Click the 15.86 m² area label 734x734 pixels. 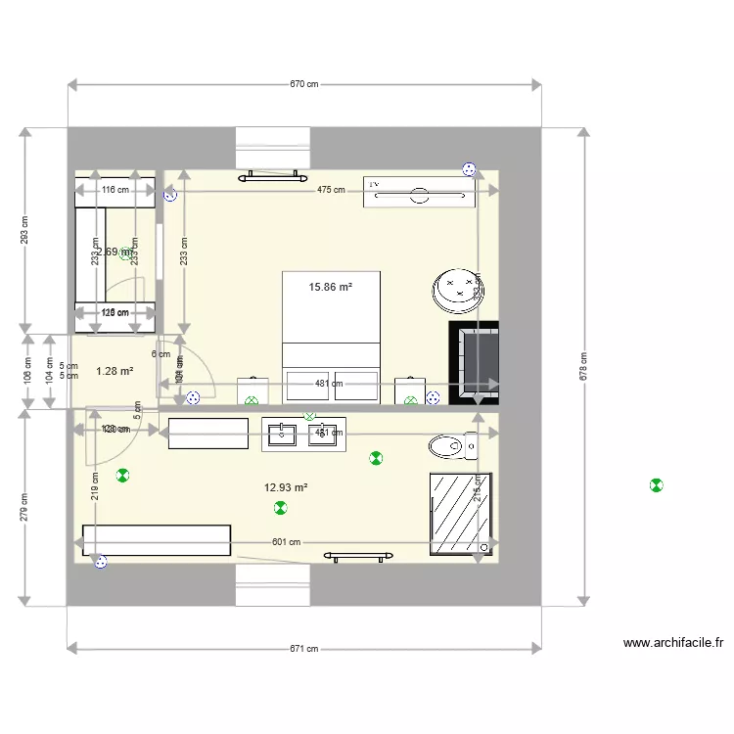pos(330,288)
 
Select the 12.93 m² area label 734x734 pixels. pos(286,487)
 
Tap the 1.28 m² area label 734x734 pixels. pos(115,371)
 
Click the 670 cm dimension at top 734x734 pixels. pos(304,84)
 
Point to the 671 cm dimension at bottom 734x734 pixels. pos(304,649)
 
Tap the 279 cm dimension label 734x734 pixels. pos(24,507)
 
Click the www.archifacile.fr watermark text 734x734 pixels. pos(672,643)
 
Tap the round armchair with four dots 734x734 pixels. pos(457,289)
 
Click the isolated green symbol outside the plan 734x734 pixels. pos(656,484)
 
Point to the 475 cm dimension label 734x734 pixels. pos(330,190)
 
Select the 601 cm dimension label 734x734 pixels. pos(287,542)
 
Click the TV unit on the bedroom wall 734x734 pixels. pos(419,193)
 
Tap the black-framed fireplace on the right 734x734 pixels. pos(473,362)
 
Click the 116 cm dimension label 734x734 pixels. pos(115,190)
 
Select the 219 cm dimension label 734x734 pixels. pos(95,485)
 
